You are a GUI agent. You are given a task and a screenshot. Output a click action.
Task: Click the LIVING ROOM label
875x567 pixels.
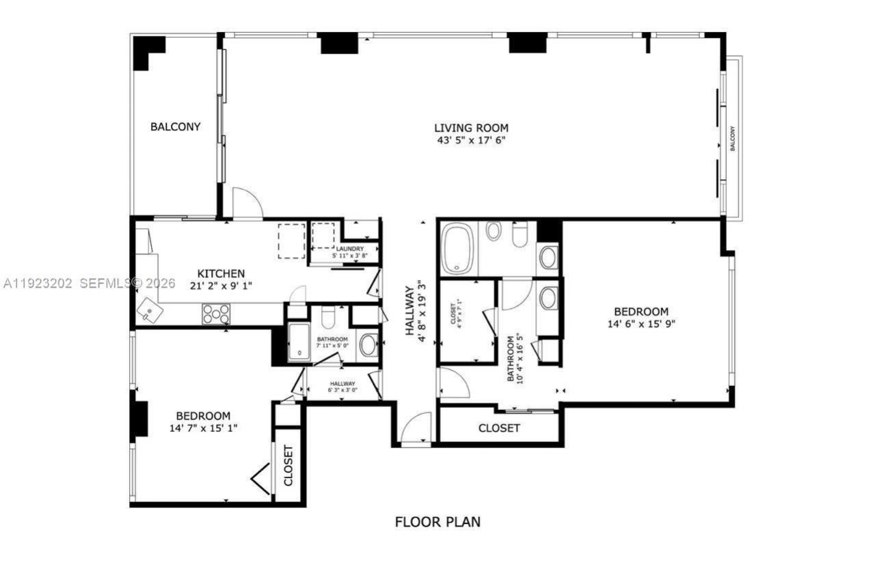click(471, 127)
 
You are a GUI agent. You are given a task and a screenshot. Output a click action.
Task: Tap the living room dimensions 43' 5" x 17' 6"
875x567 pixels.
click(471, 141)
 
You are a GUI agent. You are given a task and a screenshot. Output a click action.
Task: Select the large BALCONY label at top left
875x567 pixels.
click(176, 126)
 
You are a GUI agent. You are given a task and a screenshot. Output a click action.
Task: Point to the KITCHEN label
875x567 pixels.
click(217, 273)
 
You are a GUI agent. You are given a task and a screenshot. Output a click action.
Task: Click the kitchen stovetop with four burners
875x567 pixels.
click(216, 314)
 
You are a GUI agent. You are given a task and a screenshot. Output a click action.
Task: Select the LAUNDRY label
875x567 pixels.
click(349, 249)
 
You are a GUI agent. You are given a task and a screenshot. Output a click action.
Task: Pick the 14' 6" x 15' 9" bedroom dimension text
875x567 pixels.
click(641, 324)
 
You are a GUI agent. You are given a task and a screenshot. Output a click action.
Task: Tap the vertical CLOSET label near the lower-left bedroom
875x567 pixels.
click(288, 465)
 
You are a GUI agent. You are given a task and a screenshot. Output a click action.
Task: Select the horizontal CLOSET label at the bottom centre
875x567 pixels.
click(499, 428)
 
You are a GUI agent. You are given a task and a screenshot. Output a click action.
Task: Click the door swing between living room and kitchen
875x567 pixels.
click(247, 204)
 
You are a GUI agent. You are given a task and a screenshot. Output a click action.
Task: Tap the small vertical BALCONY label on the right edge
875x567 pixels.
click(732, 138)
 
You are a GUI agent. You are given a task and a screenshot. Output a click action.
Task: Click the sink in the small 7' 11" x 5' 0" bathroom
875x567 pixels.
click(368, 345)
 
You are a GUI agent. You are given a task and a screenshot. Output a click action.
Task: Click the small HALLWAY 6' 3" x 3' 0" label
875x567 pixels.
click(342, 387)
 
